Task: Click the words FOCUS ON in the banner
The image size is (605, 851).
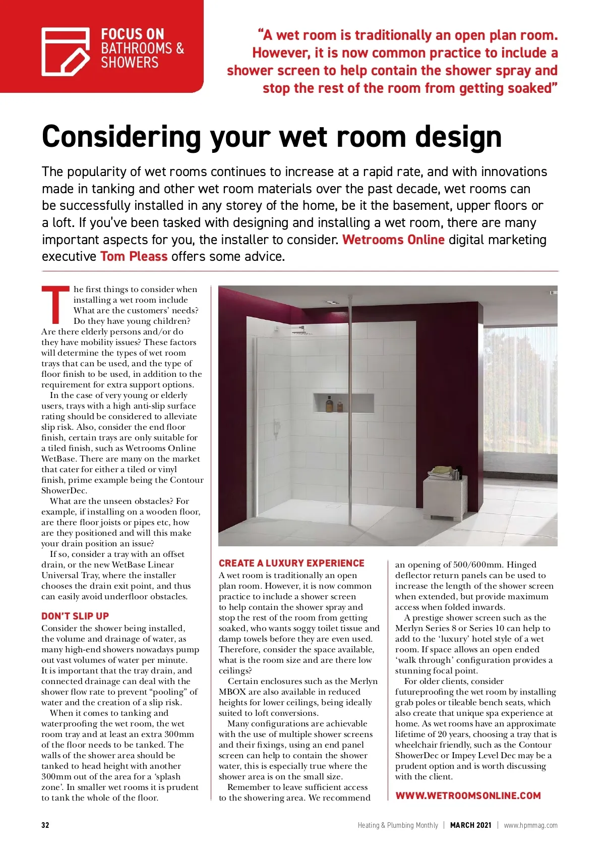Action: coord(133,34)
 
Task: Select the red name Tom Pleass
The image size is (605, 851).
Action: coord(134,256)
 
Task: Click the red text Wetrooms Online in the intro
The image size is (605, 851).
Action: coord(393,240)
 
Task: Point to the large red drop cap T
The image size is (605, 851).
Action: coord(55,305)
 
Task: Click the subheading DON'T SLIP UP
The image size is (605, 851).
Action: coord(75,616)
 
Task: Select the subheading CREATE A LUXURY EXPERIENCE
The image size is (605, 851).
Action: coord(291,563)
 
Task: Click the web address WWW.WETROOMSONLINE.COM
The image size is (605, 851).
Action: coord(468,796)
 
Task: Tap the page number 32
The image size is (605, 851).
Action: coord(45,825)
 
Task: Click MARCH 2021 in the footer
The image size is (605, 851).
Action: coord(470,825)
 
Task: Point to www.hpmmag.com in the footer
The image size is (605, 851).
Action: coord(530,825)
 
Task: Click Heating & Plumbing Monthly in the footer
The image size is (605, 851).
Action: coord(398,825)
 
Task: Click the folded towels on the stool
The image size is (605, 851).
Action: coord(440,472)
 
